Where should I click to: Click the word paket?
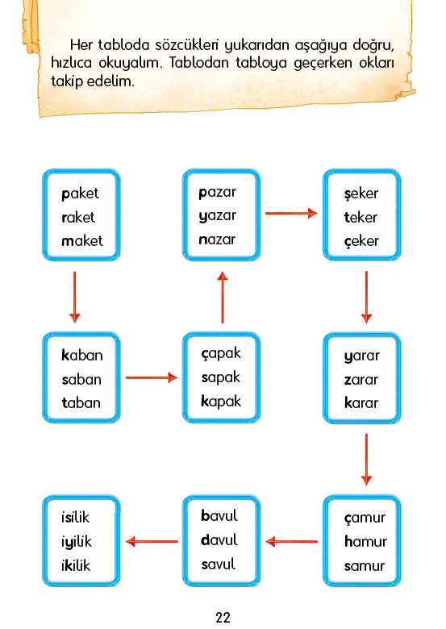click(80, 194)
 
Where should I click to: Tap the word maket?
click(82, 240)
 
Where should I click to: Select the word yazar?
click(218, 216)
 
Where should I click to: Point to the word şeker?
click(361, 194)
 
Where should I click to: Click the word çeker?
click(361, 241)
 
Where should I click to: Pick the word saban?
click(81, 379)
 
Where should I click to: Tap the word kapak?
click(221, 401)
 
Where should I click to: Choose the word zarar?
click(361, 380)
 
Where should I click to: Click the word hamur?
click(365, 542)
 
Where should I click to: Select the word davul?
click(219, 540)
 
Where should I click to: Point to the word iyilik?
click(76, 542)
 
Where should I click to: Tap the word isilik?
click(75, 518)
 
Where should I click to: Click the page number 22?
click(223, 617)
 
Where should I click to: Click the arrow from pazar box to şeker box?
click(292, 214)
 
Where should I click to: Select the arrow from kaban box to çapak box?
click(152, 377)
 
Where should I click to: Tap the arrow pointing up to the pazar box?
click(223, 298)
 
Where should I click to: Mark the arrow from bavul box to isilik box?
click(152, 542)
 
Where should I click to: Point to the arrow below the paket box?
click(74, 298)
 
